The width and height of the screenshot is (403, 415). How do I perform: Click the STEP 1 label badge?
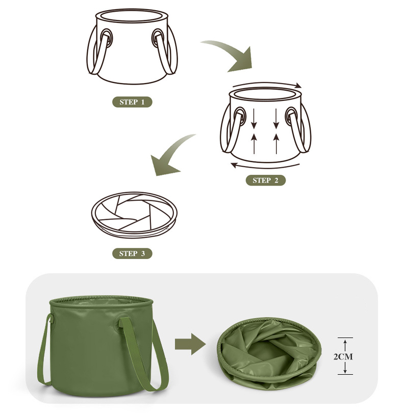tap(132, 102)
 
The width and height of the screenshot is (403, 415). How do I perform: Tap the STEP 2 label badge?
tap(266, 180)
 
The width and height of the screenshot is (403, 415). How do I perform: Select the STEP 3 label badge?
tap(132, 253)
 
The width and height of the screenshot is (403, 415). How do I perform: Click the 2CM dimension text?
tap(343, 357)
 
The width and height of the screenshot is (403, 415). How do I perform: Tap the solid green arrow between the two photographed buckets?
tap(190, 344)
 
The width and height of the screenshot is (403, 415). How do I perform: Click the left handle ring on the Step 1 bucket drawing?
tap(106, 38)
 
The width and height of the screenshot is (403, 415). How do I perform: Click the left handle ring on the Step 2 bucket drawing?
tap(240, 116)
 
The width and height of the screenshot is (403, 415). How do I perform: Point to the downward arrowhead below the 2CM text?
tap(345, 371)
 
